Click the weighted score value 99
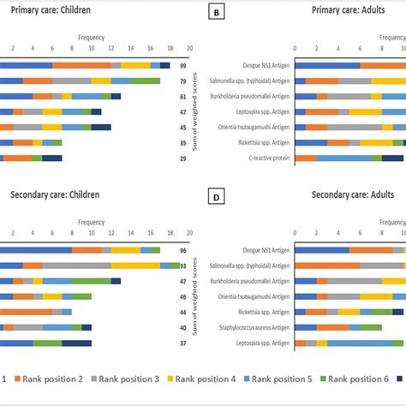click(x=183, y=65)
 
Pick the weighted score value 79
click(x=183, y=81)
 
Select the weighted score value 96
click(x=183, y=250)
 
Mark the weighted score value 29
click(x=183, y=158)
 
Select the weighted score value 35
click(x=183, y=142)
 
